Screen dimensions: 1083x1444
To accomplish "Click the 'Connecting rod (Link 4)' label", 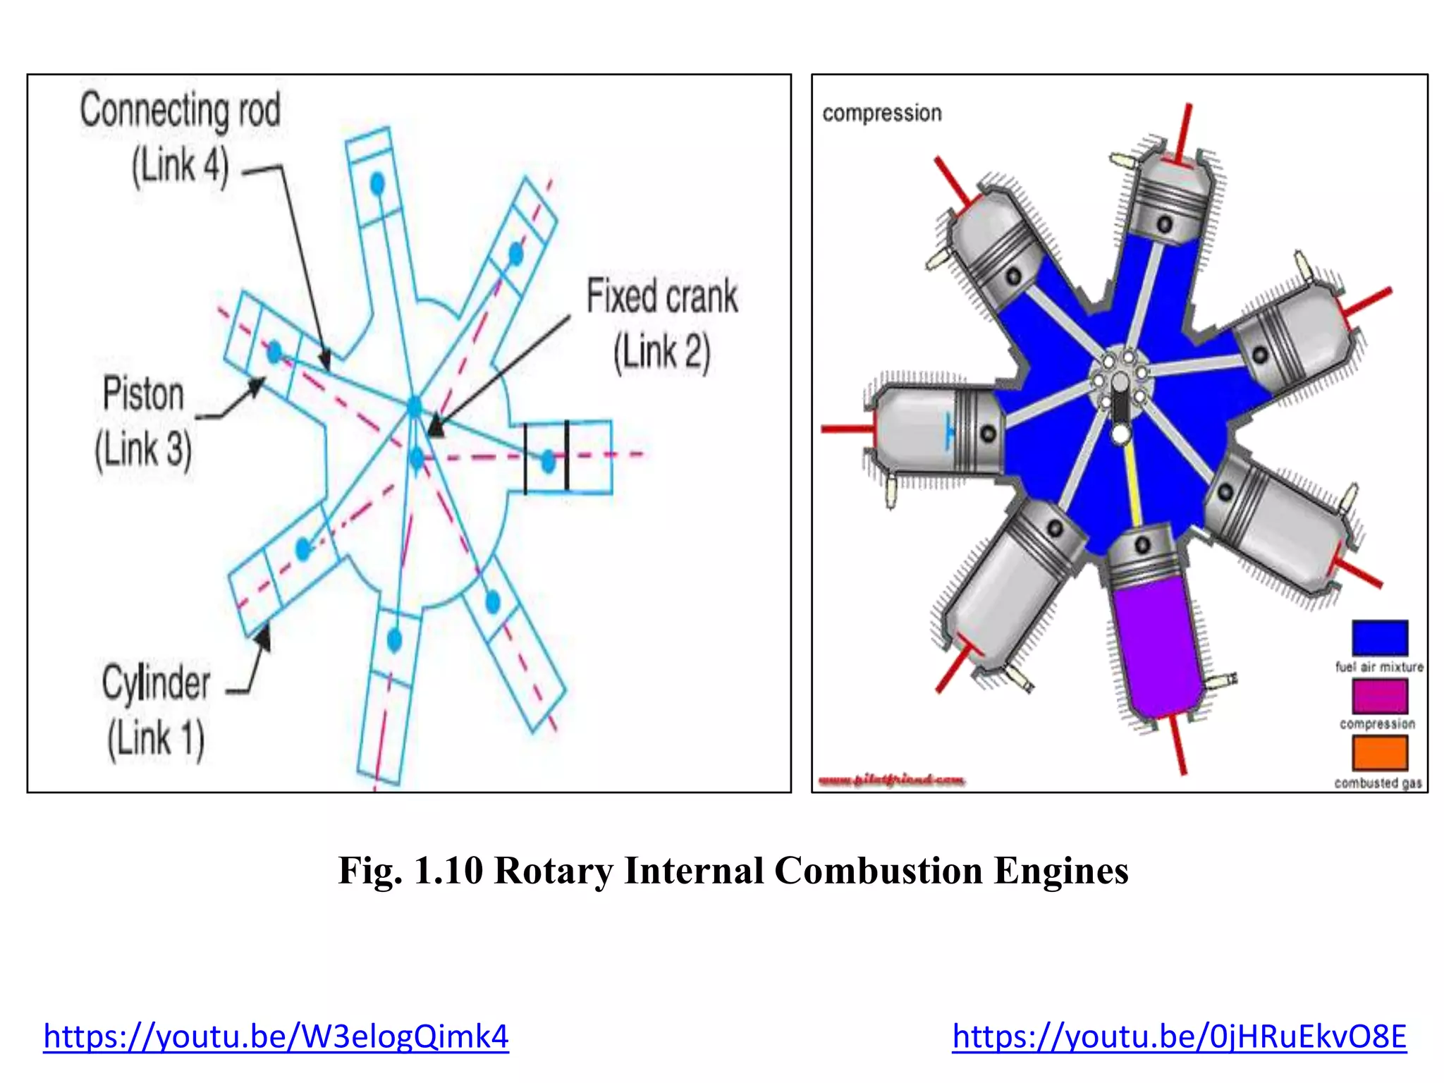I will [x=180, y=138].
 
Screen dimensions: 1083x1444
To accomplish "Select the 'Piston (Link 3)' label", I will [x=143, y=421].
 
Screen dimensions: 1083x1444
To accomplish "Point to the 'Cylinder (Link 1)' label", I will [x=156, y=710].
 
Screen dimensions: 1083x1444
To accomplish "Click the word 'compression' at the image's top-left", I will [x=881, y=114].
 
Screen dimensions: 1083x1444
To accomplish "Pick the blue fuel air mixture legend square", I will [x=1379, y=637].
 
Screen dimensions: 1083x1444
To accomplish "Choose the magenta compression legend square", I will [x=1379, y=696].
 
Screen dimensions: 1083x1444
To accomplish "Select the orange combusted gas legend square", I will [x=1379, y=753].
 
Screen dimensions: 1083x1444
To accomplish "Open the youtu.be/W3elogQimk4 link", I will [x=276, y=1036].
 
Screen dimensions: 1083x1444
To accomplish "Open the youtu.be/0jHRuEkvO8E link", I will [x=1179, y=1036].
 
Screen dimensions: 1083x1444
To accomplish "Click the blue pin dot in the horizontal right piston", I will [x=549, y=462].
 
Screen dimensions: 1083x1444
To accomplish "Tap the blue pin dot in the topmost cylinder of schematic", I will [x=377, y=184].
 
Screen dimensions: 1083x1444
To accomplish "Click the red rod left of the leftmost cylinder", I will [x=846, y=429].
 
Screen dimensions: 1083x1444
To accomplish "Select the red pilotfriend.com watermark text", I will [x=891, y=780].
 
